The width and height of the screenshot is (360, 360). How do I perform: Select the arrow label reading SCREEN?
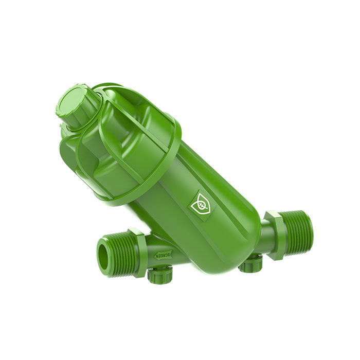(164, 255)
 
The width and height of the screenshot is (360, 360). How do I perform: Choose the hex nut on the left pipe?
(138, 252)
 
